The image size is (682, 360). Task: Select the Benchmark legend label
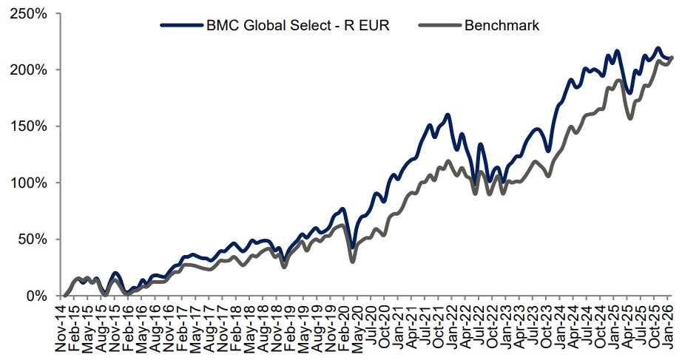(502, 26)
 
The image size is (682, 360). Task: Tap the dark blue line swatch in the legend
(182, 26)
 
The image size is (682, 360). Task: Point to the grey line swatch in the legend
(439, 26)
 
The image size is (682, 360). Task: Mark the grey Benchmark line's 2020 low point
(353, 261)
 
